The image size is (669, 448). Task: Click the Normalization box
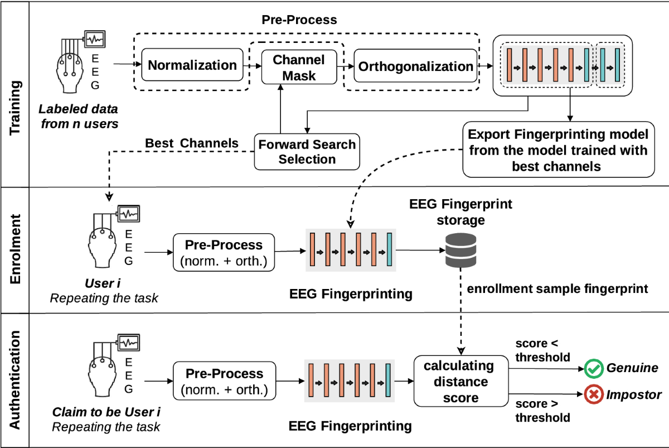[x=192, y=65]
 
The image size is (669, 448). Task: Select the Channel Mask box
[x=299, y=68]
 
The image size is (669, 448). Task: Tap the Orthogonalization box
[x=415, y=66]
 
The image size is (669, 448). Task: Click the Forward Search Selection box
[x=307, y=152]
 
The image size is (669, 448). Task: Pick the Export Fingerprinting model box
[x=559, y=150]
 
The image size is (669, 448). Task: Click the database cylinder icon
[x=461, y=250]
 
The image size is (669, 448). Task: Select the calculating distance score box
[x=461, y=381]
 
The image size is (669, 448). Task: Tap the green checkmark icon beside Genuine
[x=594, y=369]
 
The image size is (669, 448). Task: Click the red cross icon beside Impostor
[x=594, y=394]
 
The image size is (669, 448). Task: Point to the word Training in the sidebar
[x=15, y=108]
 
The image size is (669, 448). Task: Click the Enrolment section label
[x=15, y=249]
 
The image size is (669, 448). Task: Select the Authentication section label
[x=15, y=380]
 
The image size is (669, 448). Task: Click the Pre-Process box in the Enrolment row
[x=224, y=253]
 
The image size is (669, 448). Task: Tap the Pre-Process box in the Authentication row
[x=224, y=380]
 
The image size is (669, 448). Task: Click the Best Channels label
[x=192, y=143]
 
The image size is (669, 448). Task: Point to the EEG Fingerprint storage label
[x=460, y=212]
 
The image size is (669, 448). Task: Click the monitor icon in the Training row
[x=95, y=39]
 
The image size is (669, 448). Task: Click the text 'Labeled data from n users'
[x=79, y=116]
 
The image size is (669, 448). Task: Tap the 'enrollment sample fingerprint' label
[x=557, y=288]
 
